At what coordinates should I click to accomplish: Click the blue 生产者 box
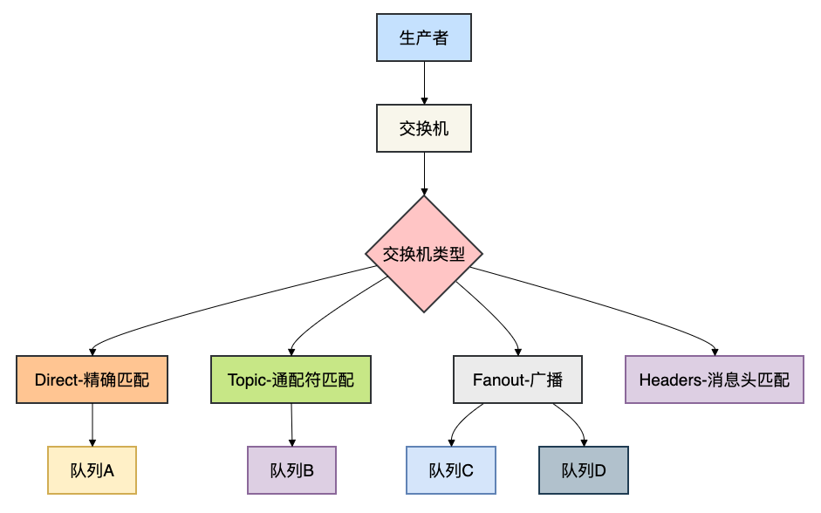[424, 38]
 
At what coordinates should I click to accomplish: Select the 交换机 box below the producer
[424, 129]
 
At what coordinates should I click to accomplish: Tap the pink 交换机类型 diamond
[424, 254]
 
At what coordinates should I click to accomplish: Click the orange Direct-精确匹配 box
[92, 380]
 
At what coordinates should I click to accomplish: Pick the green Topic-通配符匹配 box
[291, 380]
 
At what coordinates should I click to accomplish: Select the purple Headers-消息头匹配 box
[714, 380]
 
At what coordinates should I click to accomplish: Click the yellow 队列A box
[92, 470]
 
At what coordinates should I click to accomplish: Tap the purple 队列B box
[291, 470]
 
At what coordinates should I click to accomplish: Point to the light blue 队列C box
[451, 470]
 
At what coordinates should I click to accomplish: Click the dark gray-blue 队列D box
[583, 470]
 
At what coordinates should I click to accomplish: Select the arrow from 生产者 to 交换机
[424, 83]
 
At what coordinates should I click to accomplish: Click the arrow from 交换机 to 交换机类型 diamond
[424, 174]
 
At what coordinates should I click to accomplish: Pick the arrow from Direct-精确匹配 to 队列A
[92, 425]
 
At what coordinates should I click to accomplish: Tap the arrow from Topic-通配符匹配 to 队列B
[291, 425]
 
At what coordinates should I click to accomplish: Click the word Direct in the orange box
[57, 380]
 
